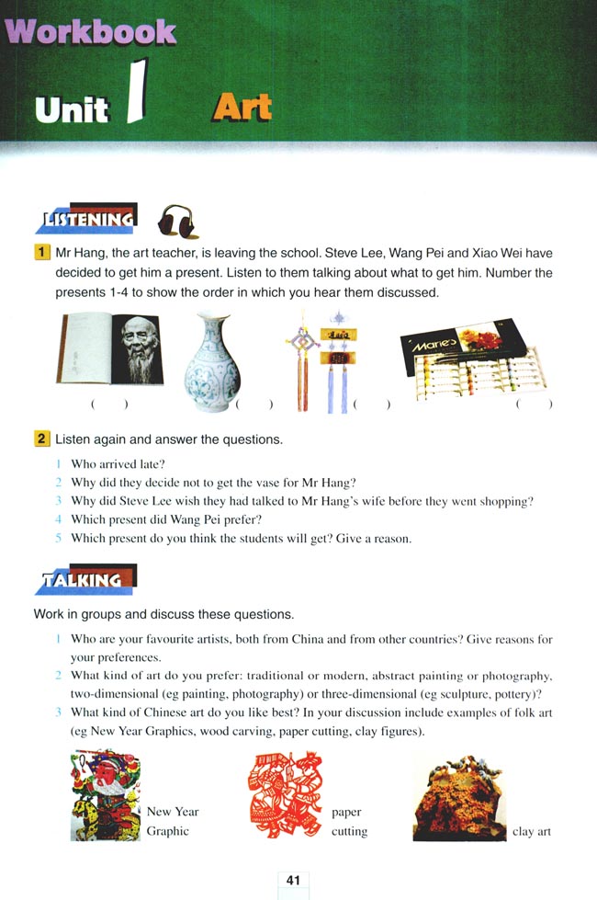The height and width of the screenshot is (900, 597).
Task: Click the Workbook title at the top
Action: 91,31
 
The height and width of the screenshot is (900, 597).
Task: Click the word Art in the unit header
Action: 242,108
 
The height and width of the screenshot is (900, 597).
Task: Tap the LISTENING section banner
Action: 90,219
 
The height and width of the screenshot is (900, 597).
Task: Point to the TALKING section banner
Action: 90,579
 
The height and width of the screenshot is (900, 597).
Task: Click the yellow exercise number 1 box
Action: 41,252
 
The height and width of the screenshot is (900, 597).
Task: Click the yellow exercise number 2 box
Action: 41,439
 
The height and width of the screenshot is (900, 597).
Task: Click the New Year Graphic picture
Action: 106,795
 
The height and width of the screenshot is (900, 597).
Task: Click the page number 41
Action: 294,880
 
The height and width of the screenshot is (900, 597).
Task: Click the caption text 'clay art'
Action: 532,831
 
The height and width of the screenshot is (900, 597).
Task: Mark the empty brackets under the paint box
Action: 535,404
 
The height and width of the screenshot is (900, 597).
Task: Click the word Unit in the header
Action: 72,109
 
